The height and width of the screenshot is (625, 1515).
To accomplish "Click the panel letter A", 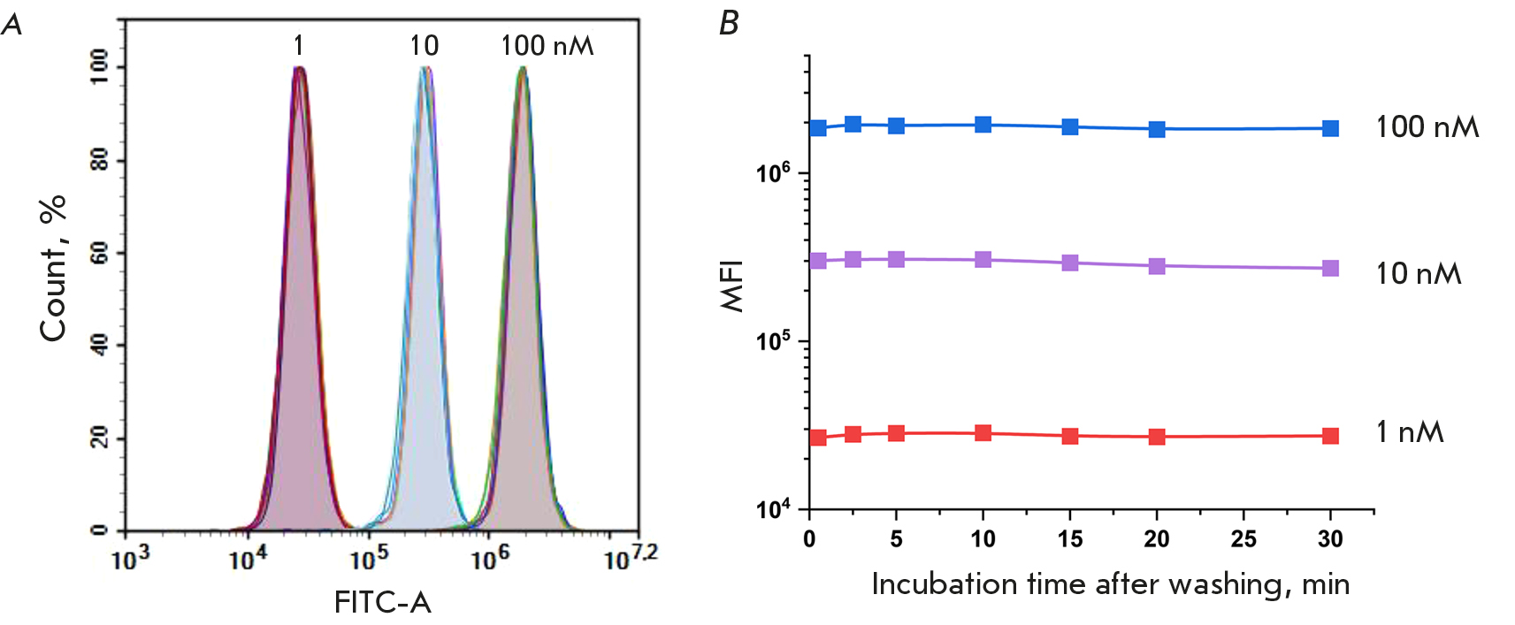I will (12, 24).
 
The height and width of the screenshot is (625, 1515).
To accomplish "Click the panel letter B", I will (729, 24).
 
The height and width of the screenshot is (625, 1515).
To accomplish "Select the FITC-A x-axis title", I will (382, 602).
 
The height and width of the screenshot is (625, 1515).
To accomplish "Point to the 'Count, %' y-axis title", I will (53, 268).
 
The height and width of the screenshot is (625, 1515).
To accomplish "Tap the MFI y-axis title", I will (732, 286).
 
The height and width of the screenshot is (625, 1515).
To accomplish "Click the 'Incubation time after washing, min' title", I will (1110, 584).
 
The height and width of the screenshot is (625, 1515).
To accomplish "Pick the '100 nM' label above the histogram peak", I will (547, 45).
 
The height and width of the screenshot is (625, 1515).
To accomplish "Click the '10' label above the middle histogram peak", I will (424, 45).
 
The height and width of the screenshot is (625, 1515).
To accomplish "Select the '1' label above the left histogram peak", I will (299, 45).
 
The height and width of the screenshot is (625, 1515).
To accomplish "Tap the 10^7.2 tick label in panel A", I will (631, 558).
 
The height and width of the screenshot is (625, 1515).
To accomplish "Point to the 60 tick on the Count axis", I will (100, 254).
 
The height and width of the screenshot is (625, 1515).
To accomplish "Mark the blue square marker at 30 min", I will (1330, 128).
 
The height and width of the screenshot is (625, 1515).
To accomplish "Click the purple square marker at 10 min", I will (983, 259).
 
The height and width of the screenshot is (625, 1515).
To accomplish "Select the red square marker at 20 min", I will (1156, 437).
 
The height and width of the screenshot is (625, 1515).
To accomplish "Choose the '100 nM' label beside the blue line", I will (1427, 127).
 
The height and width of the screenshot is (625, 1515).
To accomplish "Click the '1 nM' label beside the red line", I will (1410, 432).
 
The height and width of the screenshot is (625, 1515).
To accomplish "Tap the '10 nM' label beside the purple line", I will (1418, 274).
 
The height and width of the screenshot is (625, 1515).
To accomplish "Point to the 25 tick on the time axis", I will (1243, 539).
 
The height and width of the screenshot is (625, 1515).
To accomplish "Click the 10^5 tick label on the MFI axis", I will (774, 340).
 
